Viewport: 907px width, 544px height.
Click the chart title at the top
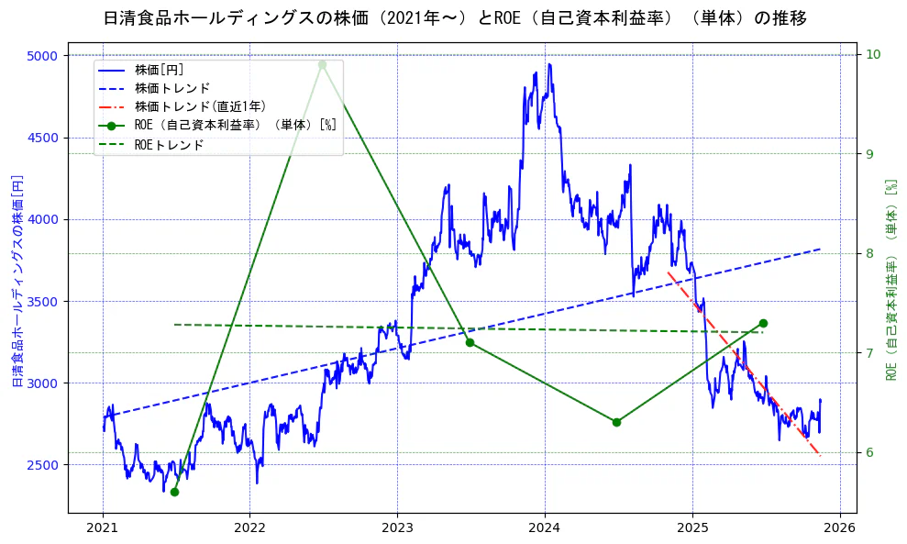[454, 18]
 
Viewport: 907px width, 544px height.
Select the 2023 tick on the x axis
[397, 528]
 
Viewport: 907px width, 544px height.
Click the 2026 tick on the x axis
[839, 528]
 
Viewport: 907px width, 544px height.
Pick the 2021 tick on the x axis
[103, 528]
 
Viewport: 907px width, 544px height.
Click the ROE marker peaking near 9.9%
[322, 64]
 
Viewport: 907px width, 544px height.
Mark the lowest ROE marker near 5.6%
[174, 492]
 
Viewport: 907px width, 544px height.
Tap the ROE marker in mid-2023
[470, 342]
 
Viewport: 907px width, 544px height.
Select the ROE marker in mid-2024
[616, 422]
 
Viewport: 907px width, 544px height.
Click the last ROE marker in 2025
[763, 323]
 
